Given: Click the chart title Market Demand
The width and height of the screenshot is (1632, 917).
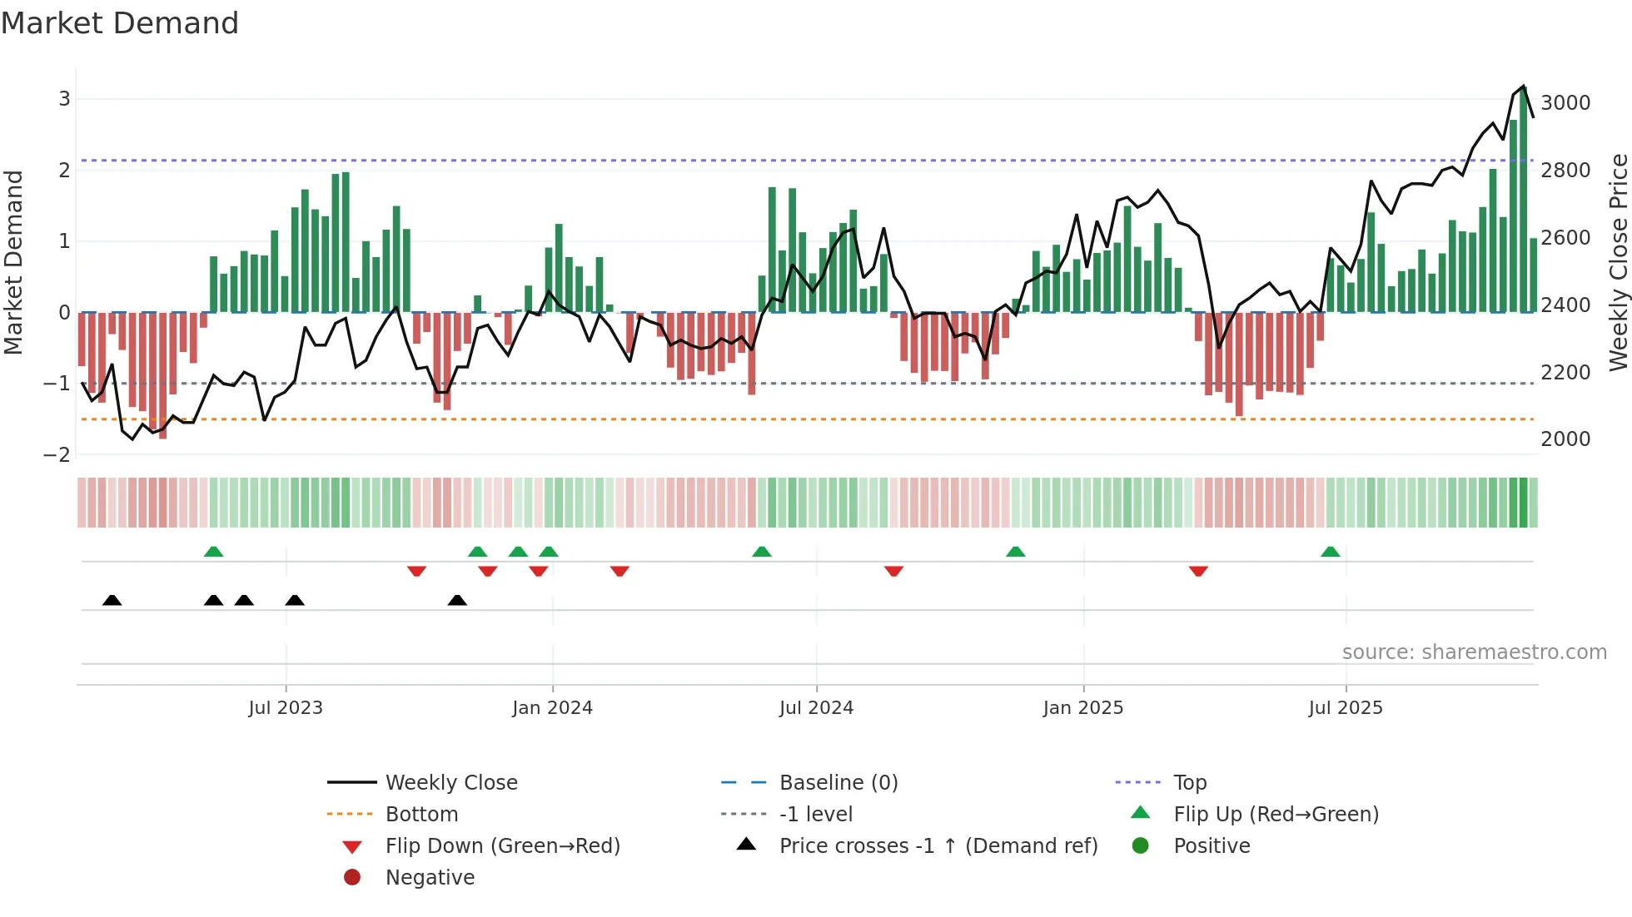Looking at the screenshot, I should point(120,23).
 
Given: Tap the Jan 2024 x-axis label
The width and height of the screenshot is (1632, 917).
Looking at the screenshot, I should point(552,708).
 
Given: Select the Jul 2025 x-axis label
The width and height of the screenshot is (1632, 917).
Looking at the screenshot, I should point(1345,708).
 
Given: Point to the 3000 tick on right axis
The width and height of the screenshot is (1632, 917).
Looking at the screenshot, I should point(1565,103).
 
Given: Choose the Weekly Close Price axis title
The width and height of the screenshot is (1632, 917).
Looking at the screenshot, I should point(1618,262).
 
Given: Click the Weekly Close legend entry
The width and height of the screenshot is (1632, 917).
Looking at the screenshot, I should point(450,783).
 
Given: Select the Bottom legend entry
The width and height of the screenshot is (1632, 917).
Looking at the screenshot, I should point(421,815).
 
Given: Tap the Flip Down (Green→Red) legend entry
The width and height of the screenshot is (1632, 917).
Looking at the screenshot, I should point(502,846).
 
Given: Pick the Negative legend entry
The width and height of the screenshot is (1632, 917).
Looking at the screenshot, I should point(430,878).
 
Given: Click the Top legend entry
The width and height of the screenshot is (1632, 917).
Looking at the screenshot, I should point(1189,783).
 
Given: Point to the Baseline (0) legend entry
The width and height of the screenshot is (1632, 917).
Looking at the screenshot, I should point(838,783).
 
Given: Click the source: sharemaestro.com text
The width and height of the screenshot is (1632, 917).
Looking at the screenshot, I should point(1474,652).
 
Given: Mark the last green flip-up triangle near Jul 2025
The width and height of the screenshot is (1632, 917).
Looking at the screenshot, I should point(1330,552).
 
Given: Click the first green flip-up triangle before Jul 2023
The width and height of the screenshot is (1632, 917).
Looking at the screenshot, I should point(213,552).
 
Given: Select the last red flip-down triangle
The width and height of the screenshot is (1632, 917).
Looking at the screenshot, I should point(1198,571).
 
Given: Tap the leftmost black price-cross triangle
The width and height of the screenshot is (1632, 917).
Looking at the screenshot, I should point(112,600).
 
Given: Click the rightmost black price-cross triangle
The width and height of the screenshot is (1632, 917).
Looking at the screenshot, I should point(457,600).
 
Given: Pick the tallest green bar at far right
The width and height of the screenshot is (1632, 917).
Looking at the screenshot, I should point(1523,200).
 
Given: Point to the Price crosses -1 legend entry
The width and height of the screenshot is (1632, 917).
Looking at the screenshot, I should point(938,846).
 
